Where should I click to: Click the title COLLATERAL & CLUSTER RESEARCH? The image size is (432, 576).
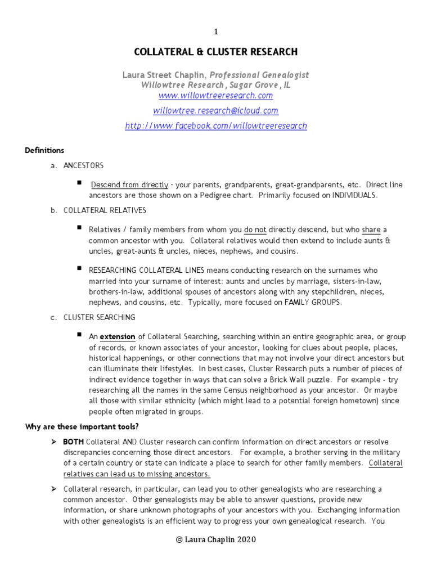[x=215, y=52]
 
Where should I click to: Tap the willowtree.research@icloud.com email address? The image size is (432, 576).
[x=215, y=111]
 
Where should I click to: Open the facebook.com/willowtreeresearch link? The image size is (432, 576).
[x=215, y=126]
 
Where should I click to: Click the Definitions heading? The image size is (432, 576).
[x=44, y=151]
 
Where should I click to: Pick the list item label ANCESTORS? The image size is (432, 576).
[x=83, y=166]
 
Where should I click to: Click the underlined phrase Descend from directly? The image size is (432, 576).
[x=129, y=184]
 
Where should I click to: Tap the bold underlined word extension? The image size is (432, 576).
[x=118, y=337]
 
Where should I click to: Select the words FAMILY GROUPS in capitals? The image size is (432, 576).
[x=312, y=302]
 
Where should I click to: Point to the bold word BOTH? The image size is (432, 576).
[x=74, y=442]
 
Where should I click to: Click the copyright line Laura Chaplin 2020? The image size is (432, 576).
[x=215, y=539]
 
